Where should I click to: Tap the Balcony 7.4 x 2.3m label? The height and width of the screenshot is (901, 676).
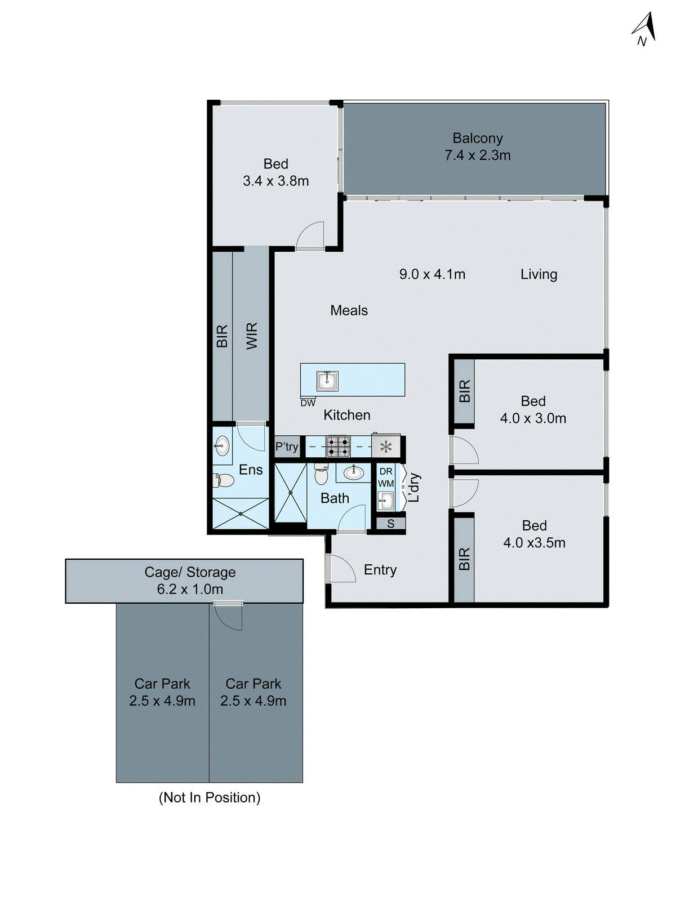coord(477,147)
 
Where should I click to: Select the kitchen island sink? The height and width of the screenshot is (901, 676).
coord(327,381)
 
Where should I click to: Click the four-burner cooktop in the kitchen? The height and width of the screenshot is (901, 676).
coord(338,447)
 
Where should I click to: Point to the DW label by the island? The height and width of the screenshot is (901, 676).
coord(308,403)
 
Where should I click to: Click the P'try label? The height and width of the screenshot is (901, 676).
coord(287,447)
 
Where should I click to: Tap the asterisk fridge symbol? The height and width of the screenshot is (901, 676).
coord(386,447)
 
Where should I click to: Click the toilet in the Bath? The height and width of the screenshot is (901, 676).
coord(321,475)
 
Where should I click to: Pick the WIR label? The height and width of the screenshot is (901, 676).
coord(252,336)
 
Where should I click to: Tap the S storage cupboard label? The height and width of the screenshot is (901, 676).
coord(390,524)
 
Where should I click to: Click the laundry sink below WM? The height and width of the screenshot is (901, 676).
coord(386,500)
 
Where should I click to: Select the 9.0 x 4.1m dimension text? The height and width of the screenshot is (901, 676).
coord(432,274)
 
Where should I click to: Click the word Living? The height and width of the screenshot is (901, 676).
coord(539,274)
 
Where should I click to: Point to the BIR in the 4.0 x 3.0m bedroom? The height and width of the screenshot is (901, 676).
coord(464,391)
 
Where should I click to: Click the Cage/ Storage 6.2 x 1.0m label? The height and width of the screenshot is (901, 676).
coord(190,581)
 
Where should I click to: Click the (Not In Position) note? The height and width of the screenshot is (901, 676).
coord(210,797)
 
